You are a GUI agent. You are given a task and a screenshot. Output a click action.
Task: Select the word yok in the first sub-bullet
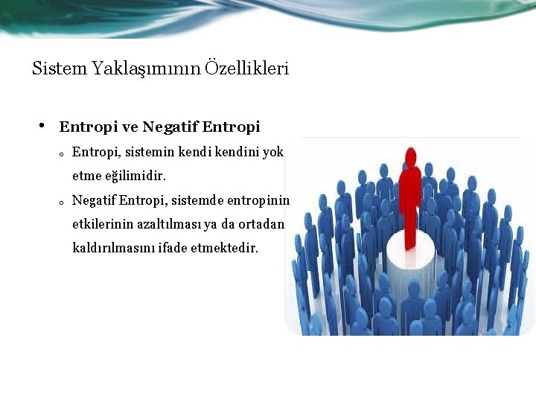pyautogui.click(x=272, y=152)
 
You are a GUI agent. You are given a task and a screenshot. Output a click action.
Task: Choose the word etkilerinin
pyautogui.click(x=100, y=224)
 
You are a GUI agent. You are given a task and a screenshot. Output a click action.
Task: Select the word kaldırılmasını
pyautogui.click(x=112, y=248)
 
